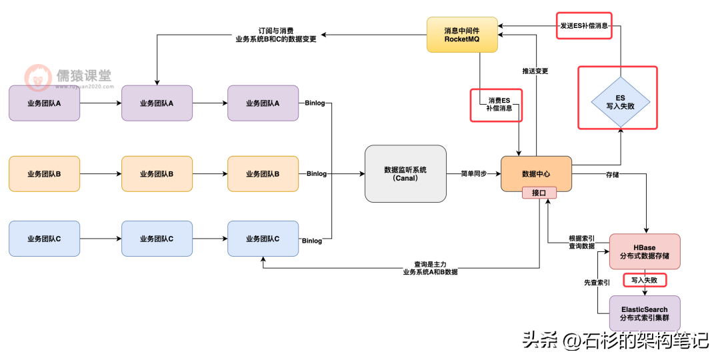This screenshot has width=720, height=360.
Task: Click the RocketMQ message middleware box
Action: point(462,35)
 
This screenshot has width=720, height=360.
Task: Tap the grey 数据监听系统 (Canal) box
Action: point(405,173)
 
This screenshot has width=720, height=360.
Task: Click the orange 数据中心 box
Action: point(536,173)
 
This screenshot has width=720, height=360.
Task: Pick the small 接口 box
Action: point(539,193)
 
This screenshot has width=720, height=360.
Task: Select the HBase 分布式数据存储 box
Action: point(645,251)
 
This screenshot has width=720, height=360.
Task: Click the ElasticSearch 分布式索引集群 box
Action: point(645,313)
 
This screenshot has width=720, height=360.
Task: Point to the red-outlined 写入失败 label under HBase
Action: point(645,281)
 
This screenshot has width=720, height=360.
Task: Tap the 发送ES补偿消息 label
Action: point(583,26)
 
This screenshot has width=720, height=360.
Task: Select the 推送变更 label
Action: point(535,71)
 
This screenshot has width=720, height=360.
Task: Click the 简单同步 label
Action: point(473,173)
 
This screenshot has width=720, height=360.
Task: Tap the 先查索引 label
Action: point(597,283)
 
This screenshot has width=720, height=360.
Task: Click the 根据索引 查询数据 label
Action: point(582,242)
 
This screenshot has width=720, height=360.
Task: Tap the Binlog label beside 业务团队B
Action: point(317,174)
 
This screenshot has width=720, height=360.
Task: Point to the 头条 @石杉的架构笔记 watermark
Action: point(615,341)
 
